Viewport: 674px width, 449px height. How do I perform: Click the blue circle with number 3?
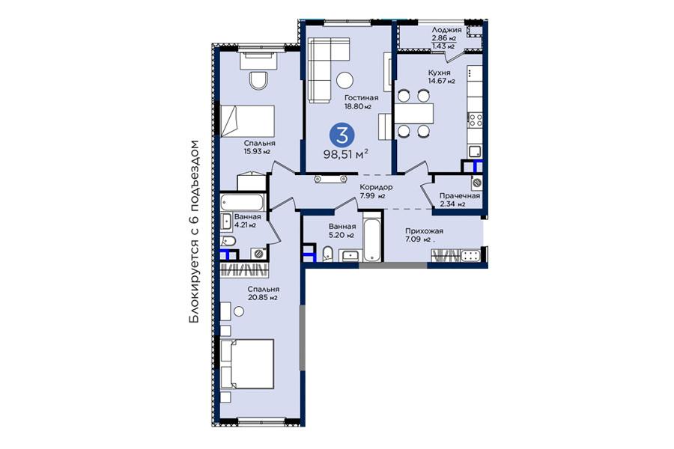point(342,135)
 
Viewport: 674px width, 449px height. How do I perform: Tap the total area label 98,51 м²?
point(347,154)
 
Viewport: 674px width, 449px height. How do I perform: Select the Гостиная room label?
point(361,98)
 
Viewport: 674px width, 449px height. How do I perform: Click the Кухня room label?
point(439,73)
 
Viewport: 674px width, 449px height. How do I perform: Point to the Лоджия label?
point(446,30)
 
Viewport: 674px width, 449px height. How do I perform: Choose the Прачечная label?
point(460,196)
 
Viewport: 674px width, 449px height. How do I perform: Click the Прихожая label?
point(424,231)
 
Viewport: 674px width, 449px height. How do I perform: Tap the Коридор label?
point(376,187)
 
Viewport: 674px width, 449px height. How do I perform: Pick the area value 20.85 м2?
point(263,297)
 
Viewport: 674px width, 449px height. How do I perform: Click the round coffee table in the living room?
point(344,80)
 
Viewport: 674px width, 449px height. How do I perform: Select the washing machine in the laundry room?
point(476,183)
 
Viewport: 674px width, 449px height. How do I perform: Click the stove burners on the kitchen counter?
point(475,120)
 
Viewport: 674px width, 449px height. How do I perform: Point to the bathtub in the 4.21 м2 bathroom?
point(242,202)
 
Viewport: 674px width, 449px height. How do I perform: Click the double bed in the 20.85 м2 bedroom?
point(248,364)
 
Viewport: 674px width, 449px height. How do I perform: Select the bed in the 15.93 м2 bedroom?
point(247,120)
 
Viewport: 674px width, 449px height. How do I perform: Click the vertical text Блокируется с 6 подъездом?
point(195,231)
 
